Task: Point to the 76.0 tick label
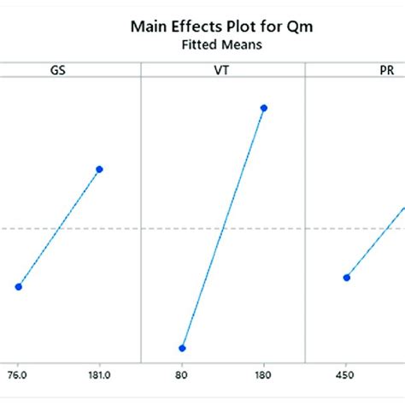tap(18, 374)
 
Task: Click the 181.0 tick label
tap(99, 374)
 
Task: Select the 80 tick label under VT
tap(182, 374)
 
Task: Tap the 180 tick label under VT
tap(263, 374)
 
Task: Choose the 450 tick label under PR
tap(346, 374)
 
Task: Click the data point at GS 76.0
tap(18, 286)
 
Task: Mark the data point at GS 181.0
tap(99, 169)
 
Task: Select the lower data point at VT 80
tap(182, 348)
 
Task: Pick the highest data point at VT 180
tap(263, 108)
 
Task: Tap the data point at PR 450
tap(346, 277)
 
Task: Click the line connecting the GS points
tap(58, 228)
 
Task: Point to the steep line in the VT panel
tap(222, 228)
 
